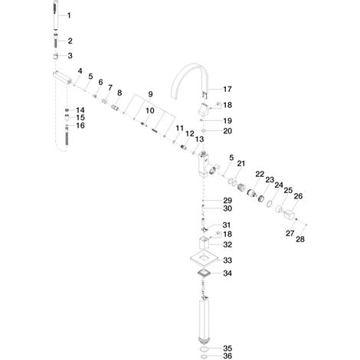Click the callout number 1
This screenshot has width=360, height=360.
pyautogui.click(x=69, y=15)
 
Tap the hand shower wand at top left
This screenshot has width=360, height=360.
pyautogui.click(x=56, y=16)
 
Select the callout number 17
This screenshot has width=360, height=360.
pyautogui.click(x=227, y=89)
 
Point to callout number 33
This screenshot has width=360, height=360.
pyautogui.click(x=227, y=260)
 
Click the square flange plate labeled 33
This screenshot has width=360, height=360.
pyautogui.click(x=205, y=259)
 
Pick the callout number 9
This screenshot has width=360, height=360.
pyautogui.click(x=150, y=94)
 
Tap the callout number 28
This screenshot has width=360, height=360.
pyautogui.click(x=300, y=239)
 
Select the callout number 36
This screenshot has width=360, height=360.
pyautogui.click(x=227, y=356)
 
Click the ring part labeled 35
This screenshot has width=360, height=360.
pyautogui.click(x=204, y=349)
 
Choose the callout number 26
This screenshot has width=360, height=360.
pyautogui.click(x=298, y=196)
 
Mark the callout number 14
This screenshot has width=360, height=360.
pyautogui.click(x=80, y=110)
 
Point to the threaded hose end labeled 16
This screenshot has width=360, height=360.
pyautogui.click(x=67, y=135)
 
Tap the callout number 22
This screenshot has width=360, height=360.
pyautogui.click(x=260, y=175)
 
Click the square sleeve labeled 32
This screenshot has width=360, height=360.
pyautogui.click(x=205, y=243)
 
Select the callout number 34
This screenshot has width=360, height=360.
pyautogui.click(x=227, y=273)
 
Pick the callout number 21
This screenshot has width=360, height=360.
pyautogui.click(x=241, y=164)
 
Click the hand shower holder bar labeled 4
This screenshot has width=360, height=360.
pyautogui.click(x=63, y=77)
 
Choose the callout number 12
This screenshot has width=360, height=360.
pyautogui.click(x=190, y=133)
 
